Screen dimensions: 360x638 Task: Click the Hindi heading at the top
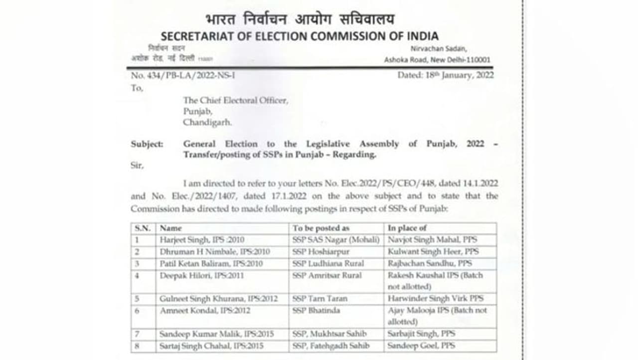click(x=300, y=19)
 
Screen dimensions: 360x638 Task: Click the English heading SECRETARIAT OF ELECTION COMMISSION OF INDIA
click(x=300, y=36)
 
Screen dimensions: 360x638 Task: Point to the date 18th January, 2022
click(x=446, y=75)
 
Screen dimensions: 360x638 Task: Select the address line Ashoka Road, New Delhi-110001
click(x=437, y=60)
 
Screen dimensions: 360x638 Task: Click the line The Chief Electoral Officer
click(x=235, y=100)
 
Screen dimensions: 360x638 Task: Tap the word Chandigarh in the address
click(x=207, y=122)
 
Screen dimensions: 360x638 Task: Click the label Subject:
click(x=147, y=144)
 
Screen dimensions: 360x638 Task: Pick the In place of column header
click(x=408, y=228)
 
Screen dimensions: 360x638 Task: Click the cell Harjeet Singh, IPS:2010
click(x=202, y=240)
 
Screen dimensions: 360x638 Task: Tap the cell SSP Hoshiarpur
click(x=321, y=252)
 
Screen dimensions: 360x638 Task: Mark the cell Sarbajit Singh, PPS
click(x=421, y=334)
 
